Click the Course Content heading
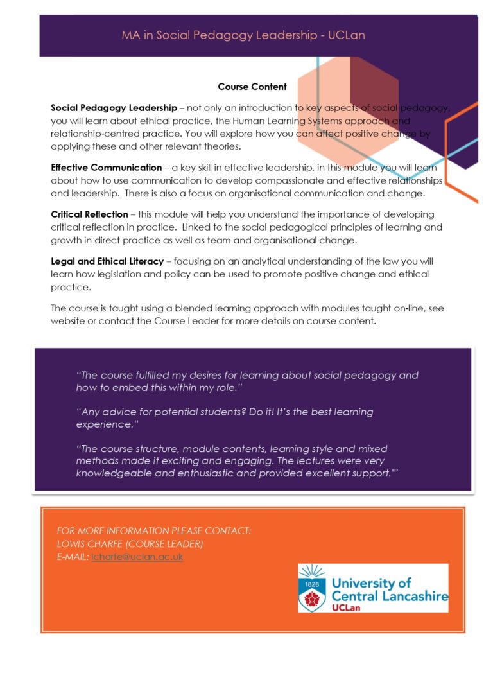pyautogui.click(x=252, y=87)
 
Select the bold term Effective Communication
pyautogui.click(x=107, y=168)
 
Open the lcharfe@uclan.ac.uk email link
pyautogui.click(x=137, y=557)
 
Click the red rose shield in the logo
pyautogui.click(x=312, y=597)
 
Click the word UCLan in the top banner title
pyautogui.click(x=346, y=35)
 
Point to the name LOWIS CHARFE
pyautogui.click(x=92, y=544)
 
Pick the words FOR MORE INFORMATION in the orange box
pyautogui.click(x=113, y=531)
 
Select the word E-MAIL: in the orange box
pyautogui.click(x=73, y=557)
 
